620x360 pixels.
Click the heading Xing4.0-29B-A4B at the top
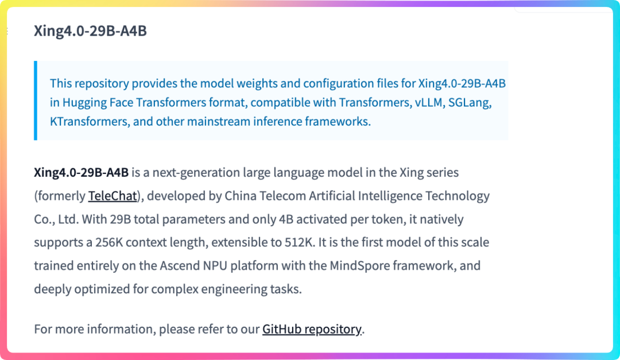click(90, 30)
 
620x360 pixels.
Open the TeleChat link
click(113, 196)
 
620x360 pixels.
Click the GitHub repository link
click(312, 329)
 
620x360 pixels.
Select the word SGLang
click(470, 103)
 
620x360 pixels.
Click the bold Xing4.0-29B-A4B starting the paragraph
click(81, 173)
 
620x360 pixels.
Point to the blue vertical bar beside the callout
click(36, 100)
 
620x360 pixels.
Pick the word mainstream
click(218, 122)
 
